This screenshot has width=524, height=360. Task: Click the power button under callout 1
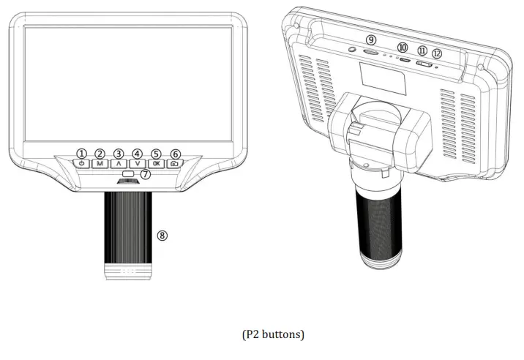pyautogui.click(x=81, y=163)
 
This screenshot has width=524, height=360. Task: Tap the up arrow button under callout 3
pyautogui.click(x=119, y=163)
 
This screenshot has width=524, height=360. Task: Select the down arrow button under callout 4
pyautogui.click(x=138, y=163)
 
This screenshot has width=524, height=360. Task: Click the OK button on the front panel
pyautogui.click(x=156, y=163)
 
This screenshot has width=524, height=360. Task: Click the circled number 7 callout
pyautogui.click(x=146, y=174)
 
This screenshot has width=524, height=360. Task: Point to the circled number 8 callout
pyautogui.click(x=162, y=236)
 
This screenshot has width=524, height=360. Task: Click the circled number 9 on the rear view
pyautogui.click(x=371, y=40)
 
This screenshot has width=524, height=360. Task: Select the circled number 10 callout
pyautogui.click(x=403, y=48)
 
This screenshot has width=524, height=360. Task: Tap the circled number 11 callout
pyautogui.click(x=422, y=50)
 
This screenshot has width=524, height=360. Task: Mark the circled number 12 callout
pyautogui.click(x=437, y=53)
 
